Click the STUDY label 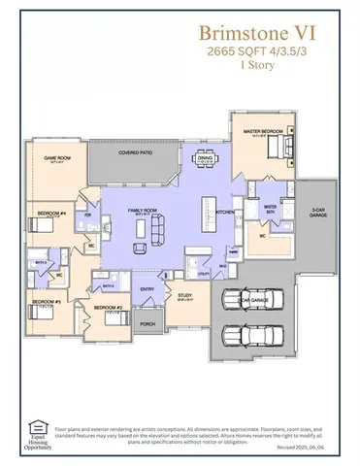tap(183, 298)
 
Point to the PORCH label tap(147, 323)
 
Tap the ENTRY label tap(147, 288)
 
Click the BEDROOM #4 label tap(52, 211)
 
